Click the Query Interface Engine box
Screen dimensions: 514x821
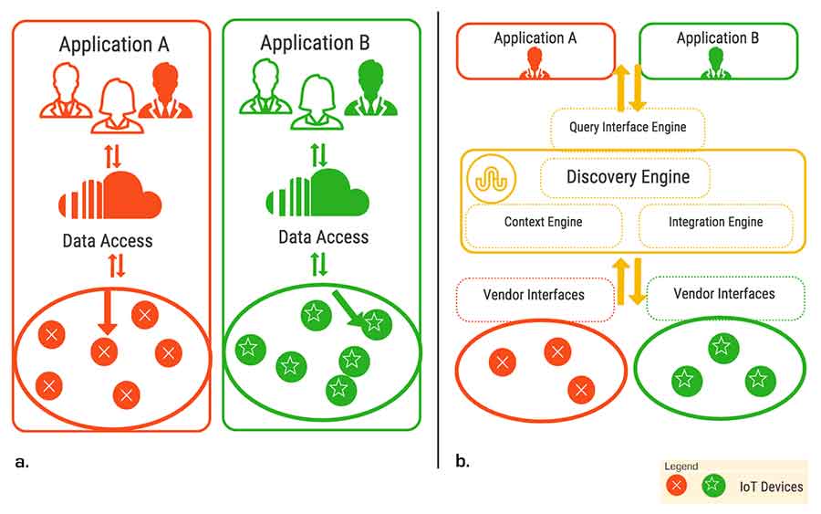pyautogui.click(x=629, y=128)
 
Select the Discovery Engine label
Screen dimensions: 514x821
pyautogui.click(x=627, y=176)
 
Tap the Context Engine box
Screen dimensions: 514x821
pyautogui.click(x=543, y=223)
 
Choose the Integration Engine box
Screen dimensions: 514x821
pyautogui.click(x=715, y=223)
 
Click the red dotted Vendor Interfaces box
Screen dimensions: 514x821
pyautogui.click(x=534, y=295)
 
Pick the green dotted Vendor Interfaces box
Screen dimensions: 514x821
pyautogui.click(x=724, y=294)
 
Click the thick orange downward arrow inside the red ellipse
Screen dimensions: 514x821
pyautogui.click(x=107, y=313)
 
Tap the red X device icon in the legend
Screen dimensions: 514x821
pyautogui.click(x=677, y=486)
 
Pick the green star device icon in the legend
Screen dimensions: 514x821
pyautogui.click(x=714, y=486)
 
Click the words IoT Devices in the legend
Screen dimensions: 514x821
pyautogui.click(x=771, y=487)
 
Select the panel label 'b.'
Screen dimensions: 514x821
pyautogui.click(x=462, y=461)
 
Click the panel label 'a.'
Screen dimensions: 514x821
pyautogui.click(x=22, y=461)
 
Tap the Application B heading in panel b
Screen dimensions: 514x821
pyautogui.click(x=717, y=38)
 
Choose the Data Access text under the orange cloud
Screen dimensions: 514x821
pyautogui.click(x=108, y=242)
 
